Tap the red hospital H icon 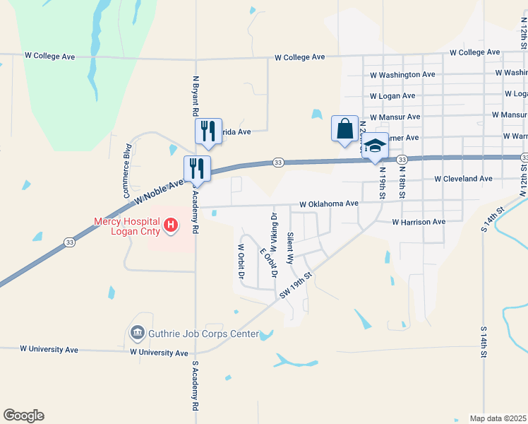170,226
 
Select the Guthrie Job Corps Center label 203,334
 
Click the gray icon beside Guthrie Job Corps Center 137,332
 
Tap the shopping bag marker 344,130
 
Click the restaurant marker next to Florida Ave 208,131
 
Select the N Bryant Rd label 196,97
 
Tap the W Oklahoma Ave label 329,204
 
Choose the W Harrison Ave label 419,222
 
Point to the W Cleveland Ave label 463,179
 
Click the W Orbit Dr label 241,261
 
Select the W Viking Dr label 272,230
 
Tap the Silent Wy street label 290,248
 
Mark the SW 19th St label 296,284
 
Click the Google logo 23,416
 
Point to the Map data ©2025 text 498,418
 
